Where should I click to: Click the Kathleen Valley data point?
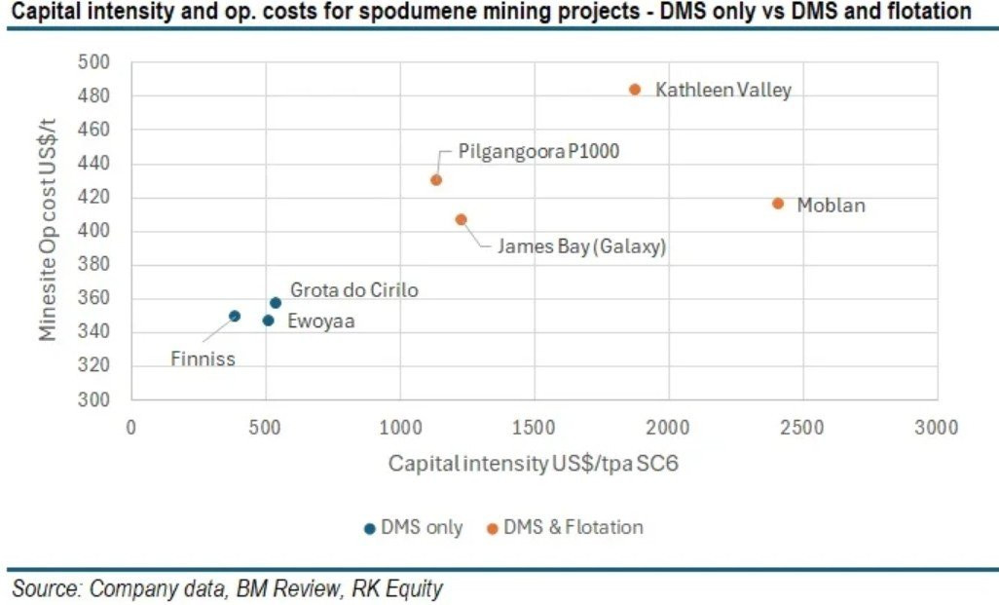pos(635,89)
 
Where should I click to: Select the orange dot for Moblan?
pos(778,203)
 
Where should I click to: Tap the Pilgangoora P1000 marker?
pos(436,179)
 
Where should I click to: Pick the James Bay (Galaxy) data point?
pos(461,219)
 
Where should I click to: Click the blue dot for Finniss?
pos(235,316)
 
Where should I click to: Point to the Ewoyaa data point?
pos(268,320)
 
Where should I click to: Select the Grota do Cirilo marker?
pos(276,303)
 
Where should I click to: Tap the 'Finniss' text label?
pos(203,359)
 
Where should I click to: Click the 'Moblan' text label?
pos(831,206)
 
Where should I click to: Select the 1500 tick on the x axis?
pos(534,428)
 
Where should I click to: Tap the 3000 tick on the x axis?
pos(937,428)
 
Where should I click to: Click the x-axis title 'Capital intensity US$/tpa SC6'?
pos(533,464)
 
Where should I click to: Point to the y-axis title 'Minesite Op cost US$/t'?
pos(49,231)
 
